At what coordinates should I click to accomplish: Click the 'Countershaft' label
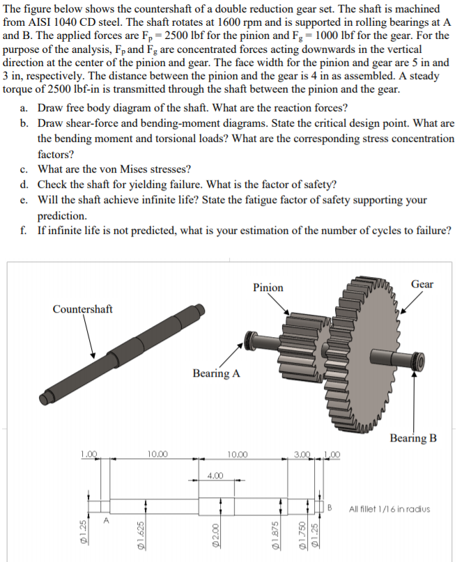pos(82,309)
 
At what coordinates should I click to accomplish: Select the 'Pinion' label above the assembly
pos(268,288)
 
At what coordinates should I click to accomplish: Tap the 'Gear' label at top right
pos(421,283)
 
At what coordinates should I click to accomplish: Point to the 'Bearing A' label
pos(216,373)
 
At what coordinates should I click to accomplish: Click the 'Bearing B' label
pos(414,438)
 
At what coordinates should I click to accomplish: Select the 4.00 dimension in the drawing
pos(215,476)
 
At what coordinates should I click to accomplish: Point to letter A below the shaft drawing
pos(106,519)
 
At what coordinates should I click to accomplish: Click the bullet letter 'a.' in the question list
pos(24,108)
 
